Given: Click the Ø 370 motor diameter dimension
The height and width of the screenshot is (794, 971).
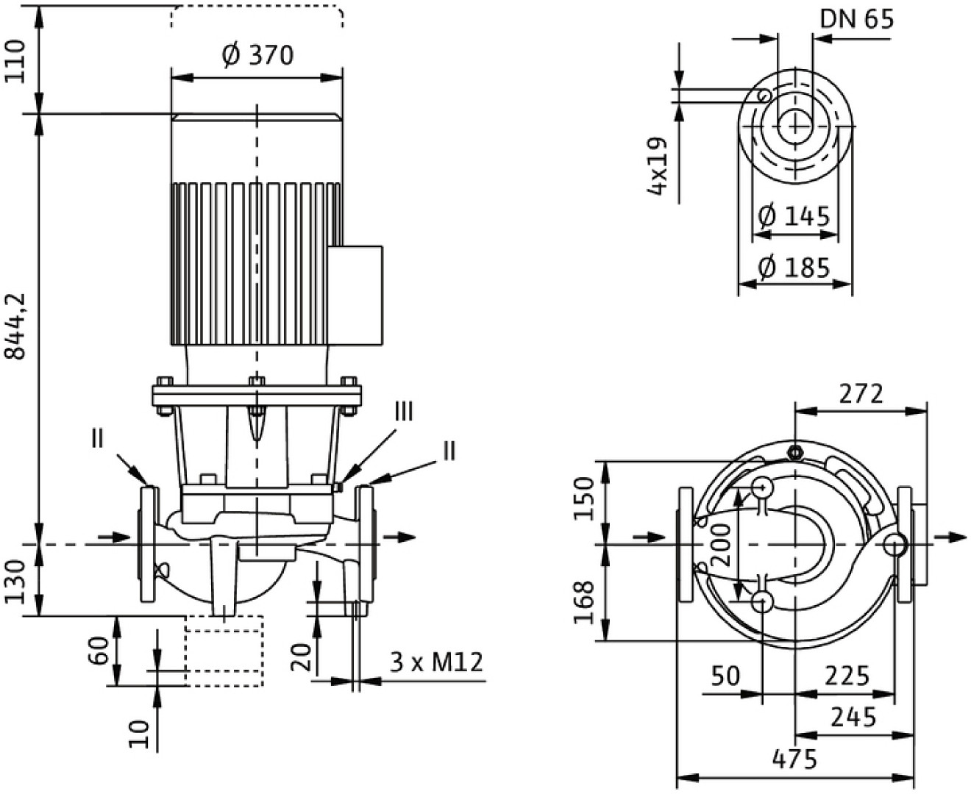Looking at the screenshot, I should coord(257,54).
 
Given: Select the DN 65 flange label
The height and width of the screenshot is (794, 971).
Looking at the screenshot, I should coord(857,18).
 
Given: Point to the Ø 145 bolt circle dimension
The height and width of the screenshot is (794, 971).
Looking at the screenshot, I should coord(794,216).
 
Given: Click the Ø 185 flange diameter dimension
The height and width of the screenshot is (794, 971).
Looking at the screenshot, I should coord(794,267).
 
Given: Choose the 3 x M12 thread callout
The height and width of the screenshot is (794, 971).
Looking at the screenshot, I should coord(436,662).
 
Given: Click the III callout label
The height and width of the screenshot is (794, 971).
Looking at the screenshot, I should coord(405,412).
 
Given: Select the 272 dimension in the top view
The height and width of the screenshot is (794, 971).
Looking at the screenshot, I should coord(861,394).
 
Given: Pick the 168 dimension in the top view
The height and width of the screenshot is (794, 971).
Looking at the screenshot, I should coord(584,601).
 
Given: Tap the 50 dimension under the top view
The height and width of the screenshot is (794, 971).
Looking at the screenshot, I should coord(725,676).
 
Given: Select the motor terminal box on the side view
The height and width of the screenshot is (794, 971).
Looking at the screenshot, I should coord(355,296).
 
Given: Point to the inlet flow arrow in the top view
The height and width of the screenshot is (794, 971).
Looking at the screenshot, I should coord(648,537).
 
